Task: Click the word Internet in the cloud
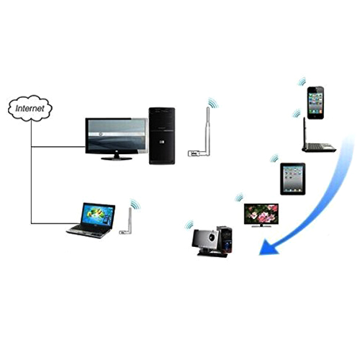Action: pyautogui.click(x=30, y=108)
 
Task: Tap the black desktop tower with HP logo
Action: pyautogui.click(x=162, y=136)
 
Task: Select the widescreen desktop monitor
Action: pyautogui.click(x=117, y=139)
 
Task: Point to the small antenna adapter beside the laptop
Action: pyautogui.click(x=126, y=221)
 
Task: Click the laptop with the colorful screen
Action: pyautogui.click(x=91, y=220)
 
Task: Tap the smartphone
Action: pyautogui.click(x=315, y=103)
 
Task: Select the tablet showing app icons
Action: pyautogui.click(x=293, y=179)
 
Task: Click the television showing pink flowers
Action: pyautogui.click(x=261, y=215)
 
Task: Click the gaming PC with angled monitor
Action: pyautogui.click(x=212, y=242)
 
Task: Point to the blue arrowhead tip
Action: pyautogui.click(x=260, y=254)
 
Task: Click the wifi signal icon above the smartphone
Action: pyautogui.click(x=302, y=82)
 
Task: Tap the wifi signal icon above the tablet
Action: pyautogui.click(x=274, y=158)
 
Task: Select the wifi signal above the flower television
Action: pyautogui.click(x=239, y=197)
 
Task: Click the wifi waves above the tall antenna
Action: pyautogui.click(x=213, y=103)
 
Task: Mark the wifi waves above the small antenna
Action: pyautogui.click(x=135, y=204)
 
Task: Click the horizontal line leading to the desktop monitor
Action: pyautogui.click(x=58, y=147)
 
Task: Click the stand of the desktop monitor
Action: pyautogui.click(x=117, y=157)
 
